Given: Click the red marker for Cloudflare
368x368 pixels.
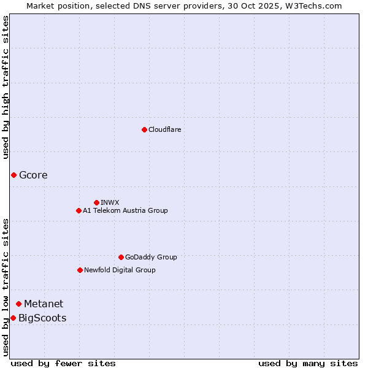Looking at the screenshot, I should pyautogui.click(x=144, y=129).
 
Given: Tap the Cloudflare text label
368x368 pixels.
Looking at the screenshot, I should pyautogui.click(x=164, y=129).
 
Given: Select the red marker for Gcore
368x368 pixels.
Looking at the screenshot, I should pyautogui.click(x=13, y=175).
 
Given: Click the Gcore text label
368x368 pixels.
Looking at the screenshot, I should pyautogui.click(x=33, y=175).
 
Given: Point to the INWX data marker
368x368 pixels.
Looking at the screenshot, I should pyautogui.click(x=96, y=202).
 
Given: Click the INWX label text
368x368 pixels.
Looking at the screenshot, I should pyautogui.click(x=110, y=202).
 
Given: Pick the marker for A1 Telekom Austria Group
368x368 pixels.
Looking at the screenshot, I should pyautogui.click(x=79, y=210).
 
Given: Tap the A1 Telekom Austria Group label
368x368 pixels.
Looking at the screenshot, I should pyautogui.click(x=125, y=210).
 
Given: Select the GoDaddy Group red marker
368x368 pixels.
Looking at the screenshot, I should pyautogui.click(x=121, y=257).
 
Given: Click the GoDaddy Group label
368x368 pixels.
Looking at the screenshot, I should pyautogui.click(x=150, y=257).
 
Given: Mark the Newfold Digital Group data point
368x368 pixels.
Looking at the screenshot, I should pyautogui.click(x=80, y=270).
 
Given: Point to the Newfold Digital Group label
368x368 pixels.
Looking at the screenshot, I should pyautogui.click(x=120, y=270).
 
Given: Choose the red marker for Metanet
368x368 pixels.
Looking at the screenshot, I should pyautogui.click(x=18, y=304).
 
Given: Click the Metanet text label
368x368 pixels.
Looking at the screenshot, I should pyautogui.click(x=44, y=304).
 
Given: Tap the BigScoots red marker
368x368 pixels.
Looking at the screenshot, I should pyautogui.click(x=13, y=318).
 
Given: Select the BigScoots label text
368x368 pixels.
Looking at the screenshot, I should pyautogui.click(x=42, y=318).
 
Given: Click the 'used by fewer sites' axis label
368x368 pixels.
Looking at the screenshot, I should pyautogui.click(x=63, y=363).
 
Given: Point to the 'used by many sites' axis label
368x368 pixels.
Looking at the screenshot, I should pyautogui.click(x=308, y=363).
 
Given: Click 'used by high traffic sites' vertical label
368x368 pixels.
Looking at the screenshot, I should pyautogui.click(x=6, y=88).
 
